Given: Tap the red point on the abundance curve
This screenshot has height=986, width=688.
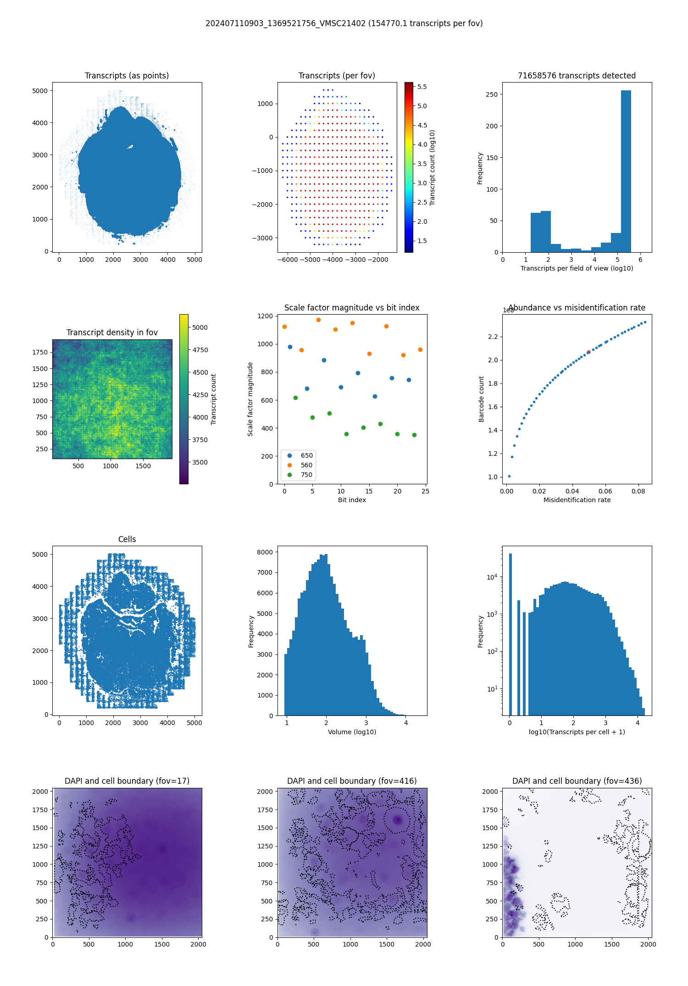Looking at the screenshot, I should tap(588, 352).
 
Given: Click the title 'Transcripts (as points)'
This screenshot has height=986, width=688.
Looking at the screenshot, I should tap(127, 76).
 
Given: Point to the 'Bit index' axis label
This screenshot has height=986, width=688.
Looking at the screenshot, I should tap(352, 500).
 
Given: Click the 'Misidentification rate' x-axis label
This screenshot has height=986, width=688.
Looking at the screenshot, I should tap(577, 500).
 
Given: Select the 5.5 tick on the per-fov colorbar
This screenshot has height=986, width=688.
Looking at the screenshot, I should tap(422, 87).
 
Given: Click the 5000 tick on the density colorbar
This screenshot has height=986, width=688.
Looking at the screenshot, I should tap(200, 327).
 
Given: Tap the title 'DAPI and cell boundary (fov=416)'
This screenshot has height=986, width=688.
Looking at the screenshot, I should tap(352, 781).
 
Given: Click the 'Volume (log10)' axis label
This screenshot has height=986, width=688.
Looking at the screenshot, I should tap(352, 732).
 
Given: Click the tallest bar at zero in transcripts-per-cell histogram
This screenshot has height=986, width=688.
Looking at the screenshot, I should tap(510, 633).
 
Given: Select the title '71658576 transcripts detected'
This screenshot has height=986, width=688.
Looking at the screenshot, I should tap(577, 76).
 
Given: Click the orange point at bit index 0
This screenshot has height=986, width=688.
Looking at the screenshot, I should tap(285, 327).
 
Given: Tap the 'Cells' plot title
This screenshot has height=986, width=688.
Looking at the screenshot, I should tap(127, 539).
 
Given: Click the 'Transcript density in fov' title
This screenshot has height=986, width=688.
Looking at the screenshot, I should tap(112, 332).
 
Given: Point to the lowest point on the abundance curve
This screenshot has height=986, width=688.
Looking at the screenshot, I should tap(509, 476).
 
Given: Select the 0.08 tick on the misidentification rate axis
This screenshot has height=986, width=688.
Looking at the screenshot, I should tap(638, 491).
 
